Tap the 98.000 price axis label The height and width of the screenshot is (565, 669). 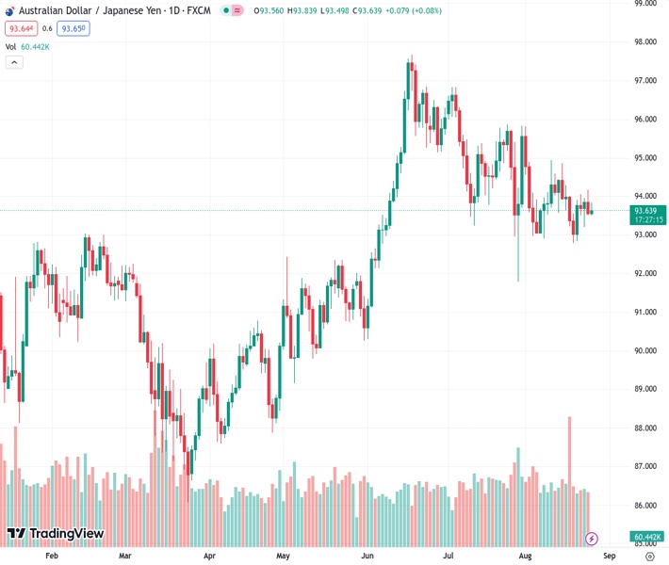[645, 42]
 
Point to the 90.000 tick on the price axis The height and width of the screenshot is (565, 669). [645, 350]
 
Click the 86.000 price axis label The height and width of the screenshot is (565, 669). [645, 505]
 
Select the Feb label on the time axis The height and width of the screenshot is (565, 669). [52, 556]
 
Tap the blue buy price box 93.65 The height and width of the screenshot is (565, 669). [73, 28]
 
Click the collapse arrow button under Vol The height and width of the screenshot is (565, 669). [14, 62]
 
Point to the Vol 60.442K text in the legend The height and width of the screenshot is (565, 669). [27, 46]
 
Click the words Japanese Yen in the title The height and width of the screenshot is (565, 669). [132, 10]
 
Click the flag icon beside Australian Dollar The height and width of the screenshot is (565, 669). [10, 10]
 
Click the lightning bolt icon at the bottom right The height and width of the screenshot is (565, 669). [591, 539]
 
